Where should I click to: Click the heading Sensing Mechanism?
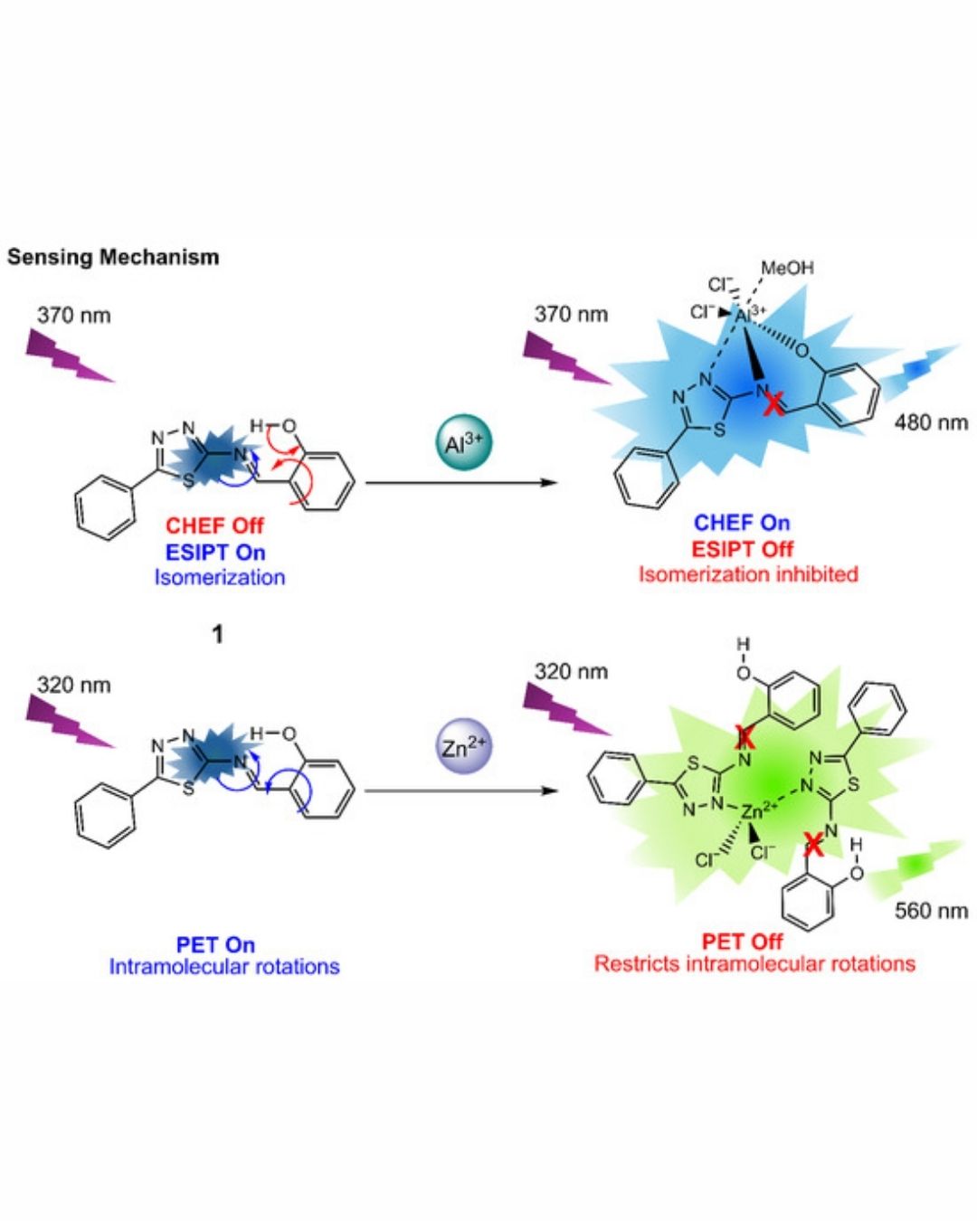113,257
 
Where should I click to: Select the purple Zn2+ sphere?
464,747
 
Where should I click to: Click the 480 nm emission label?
931,422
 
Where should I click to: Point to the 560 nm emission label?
931,910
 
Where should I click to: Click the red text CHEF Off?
214,525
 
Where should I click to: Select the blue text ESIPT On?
215,552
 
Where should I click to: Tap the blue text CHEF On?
742,523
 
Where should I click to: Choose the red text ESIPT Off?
742,549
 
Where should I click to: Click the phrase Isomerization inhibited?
748,574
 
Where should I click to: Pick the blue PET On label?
215,944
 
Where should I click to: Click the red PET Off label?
742,942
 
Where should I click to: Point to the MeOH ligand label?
787,268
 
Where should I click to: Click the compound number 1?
217,634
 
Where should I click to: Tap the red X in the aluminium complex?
773,403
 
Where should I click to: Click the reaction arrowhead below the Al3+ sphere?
548,483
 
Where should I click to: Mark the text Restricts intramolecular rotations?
754,964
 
